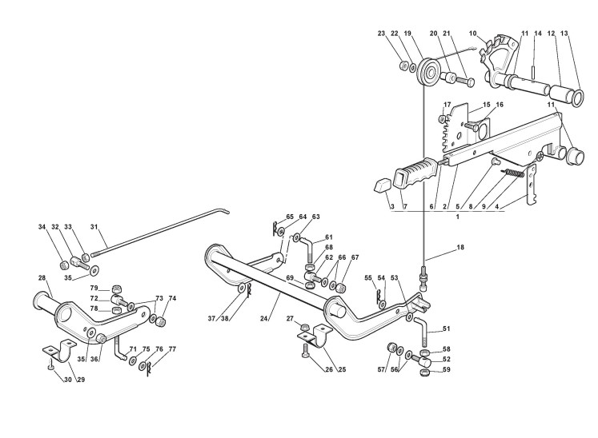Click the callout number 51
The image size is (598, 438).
pos(447,328)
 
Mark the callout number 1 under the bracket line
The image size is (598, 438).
pos(457,217)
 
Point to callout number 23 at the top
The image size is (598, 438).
pos(382,34)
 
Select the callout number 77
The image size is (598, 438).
pos(173,349)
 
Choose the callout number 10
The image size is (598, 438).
pos(473,34)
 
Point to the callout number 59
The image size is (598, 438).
pos(447,369)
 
